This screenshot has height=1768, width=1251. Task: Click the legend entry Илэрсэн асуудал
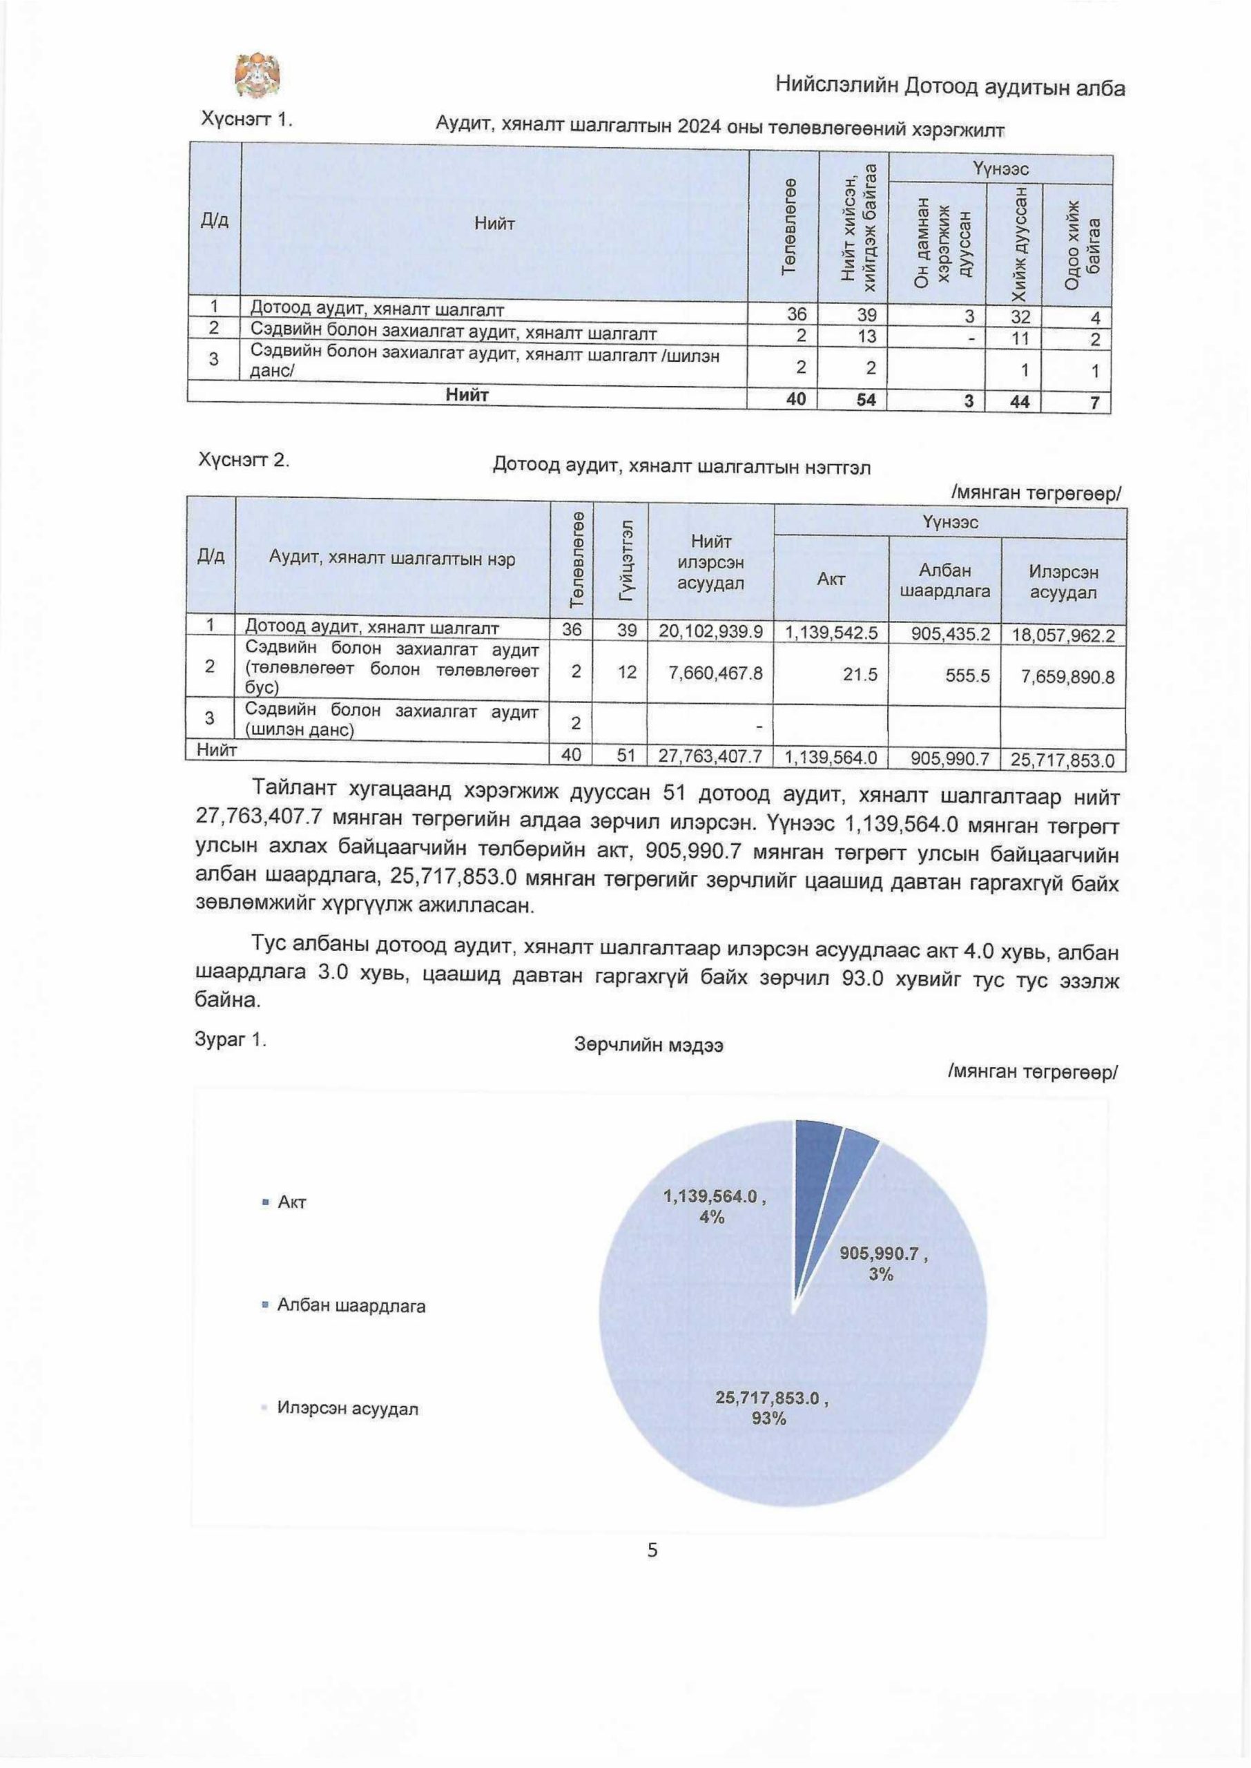347,1409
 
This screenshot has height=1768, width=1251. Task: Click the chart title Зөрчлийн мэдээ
648,1046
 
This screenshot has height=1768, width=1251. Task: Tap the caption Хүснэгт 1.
246,120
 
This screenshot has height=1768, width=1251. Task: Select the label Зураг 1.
231,1040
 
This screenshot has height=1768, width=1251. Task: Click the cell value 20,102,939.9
710,632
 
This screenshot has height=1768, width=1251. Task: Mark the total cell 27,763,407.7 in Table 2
710,758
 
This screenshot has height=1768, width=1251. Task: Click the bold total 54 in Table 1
871,400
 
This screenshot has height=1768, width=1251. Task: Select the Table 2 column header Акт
831,579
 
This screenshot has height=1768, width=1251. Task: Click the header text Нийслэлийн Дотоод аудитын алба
950,88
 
